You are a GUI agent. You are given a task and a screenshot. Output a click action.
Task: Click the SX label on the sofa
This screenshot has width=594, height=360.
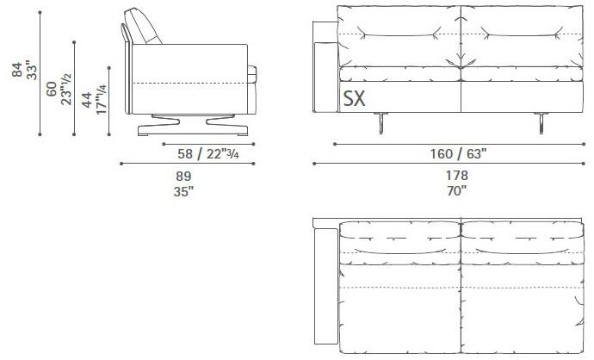pos(355,99)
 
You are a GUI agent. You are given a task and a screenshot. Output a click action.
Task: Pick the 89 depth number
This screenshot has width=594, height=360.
pos(183,176)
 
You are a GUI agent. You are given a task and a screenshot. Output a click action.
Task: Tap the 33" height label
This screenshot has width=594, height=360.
pos(31,70)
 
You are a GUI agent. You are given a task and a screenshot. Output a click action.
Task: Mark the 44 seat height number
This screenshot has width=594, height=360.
pos(87,100)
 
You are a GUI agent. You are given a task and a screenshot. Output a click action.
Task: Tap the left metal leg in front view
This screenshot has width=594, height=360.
pos(380,125)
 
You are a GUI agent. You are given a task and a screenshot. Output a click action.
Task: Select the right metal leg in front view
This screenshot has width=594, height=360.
pos(543,125)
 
